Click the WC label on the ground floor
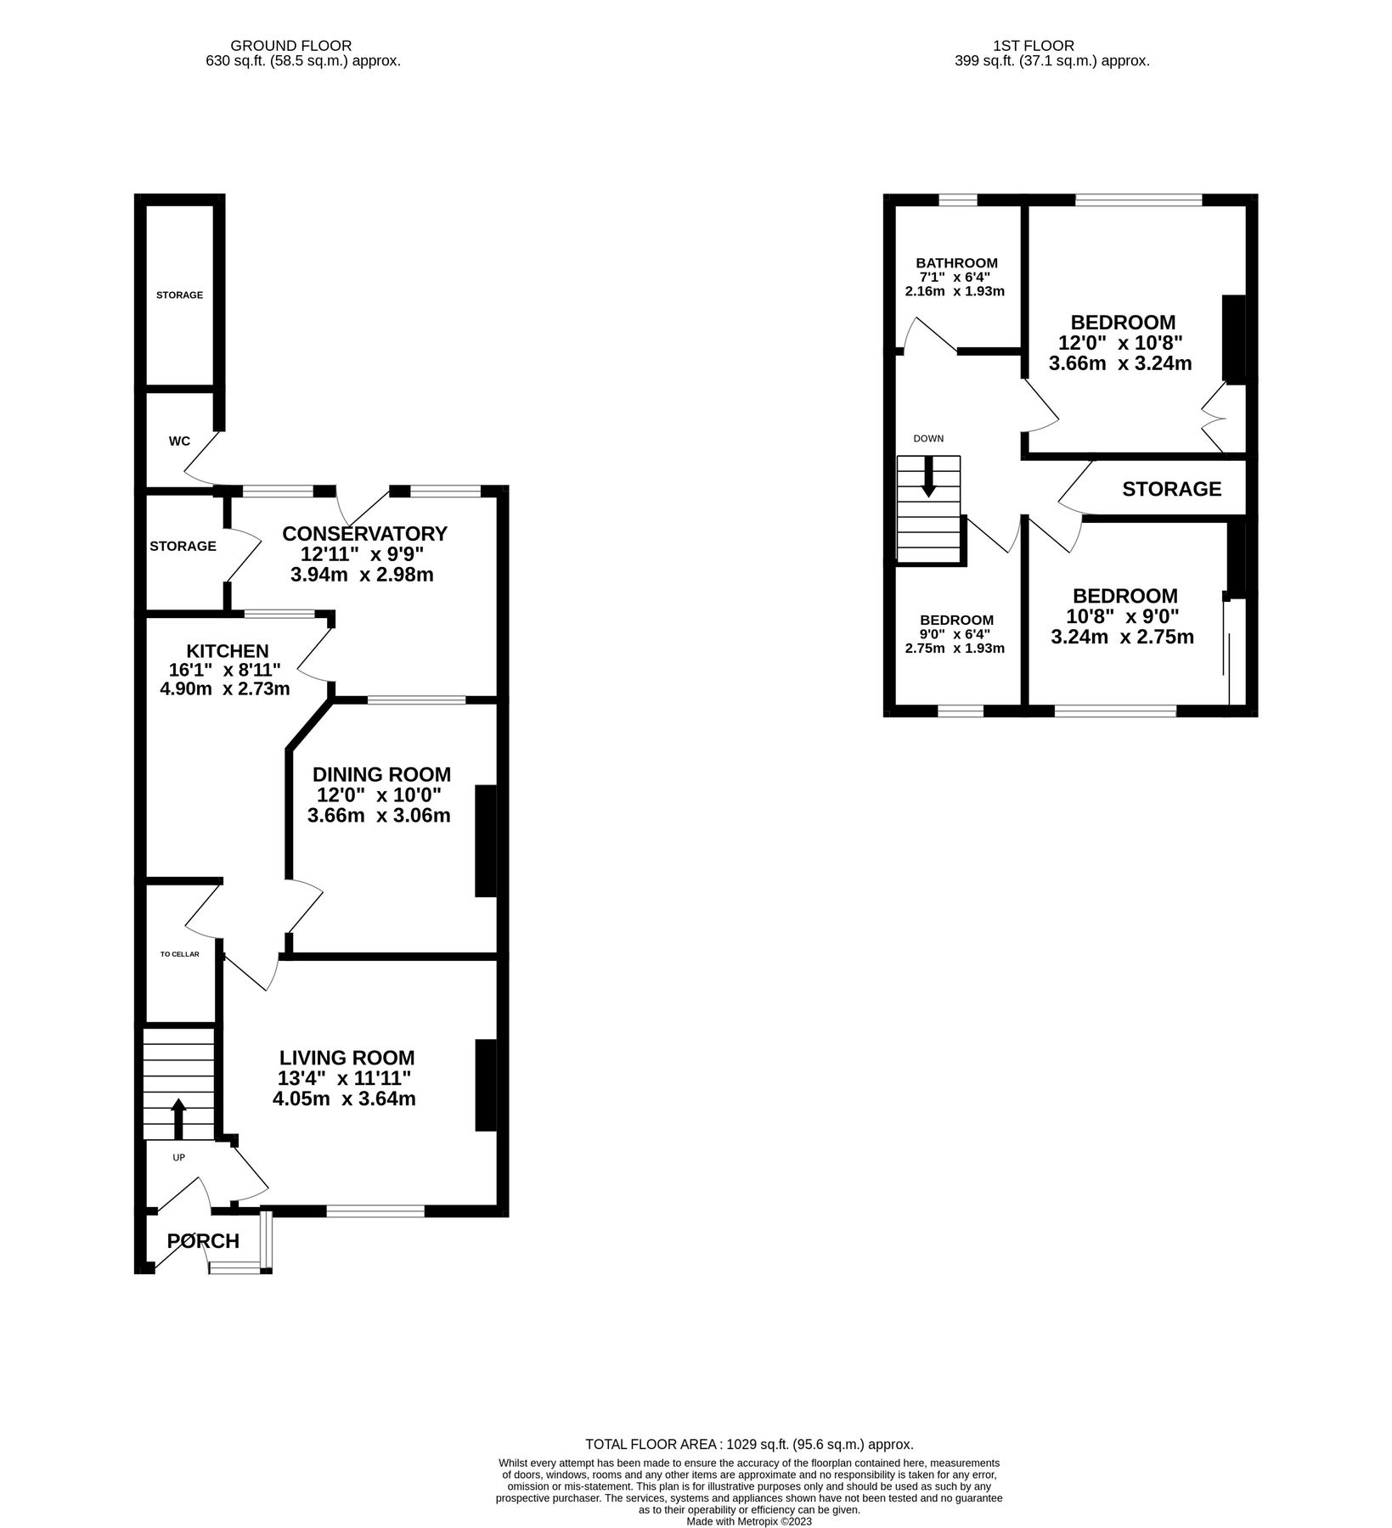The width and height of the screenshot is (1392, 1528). [x=179, y=441]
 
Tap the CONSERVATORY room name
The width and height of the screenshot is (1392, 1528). [x=364, y=534]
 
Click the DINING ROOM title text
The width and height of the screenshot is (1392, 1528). [x=381, y=774]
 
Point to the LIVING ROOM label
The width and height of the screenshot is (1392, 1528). [x=347, y=1058]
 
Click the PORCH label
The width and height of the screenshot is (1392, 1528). [x=203, y=1241]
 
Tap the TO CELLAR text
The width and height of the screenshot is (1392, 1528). [x=180, y=954]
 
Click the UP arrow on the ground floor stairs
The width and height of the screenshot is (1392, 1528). [x=178, y=1119]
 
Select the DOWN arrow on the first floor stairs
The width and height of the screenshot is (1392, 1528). [x=928, y=477]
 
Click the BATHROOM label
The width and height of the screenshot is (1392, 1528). [x=956, y=263]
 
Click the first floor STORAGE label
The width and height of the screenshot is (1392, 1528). [x=1171, y=489]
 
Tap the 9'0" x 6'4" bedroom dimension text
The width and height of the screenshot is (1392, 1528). [x=955, y=634]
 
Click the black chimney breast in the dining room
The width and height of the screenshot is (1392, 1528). [x=485, y=840]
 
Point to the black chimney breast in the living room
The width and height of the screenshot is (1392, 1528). [x=485, y=1085]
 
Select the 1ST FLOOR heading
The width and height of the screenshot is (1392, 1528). [x=1034, y=46]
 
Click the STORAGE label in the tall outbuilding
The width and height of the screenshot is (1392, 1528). [x=179, y=295]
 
